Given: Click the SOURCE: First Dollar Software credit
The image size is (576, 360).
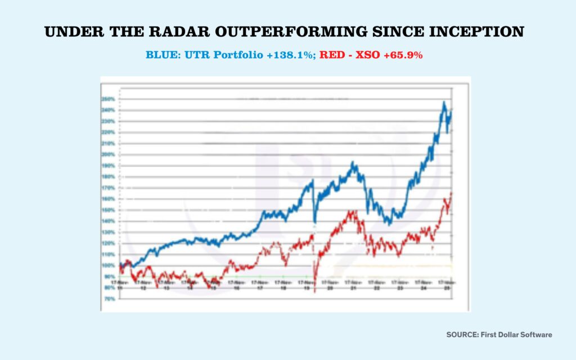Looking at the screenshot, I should click(x=499, y=335).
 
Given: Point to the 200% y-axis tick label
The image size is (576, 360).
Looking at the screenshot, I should click(x=108, y=155).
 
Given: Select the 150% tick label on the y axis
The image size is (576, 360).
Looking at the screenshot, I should click(x=108, y=210).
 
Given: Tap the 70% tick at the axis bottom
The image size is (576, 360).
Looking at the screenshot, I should click(x=108, y=299).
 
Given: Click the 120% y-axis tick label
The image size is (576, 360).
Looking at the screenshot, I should click(x=108, y=244).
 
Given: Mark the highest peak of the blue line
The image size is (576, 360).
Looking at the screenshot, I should click(x=444, y=102).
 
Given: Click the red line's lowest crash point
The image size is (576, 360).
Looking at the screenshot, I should click(x=315, y=291).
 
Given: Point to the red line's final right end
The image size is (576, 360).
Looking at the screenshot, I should click(x=452, y=193).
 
